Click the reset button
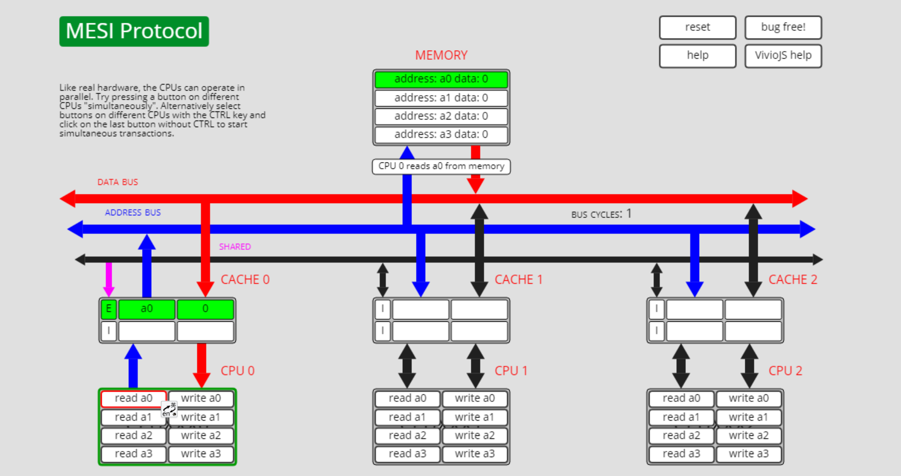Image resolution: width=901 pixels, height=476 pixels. (x=697, y=27)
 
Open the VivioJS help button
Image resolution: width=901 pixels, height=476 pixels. (x=783, y=56)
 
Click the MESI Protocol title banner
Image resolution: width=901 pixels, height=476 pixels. (x=134, y=31)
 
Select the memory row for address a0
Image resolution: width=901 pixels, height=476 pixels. (x=441, y=79)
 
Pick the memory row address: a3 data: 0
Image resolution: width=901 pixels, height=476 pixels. (x=441, y=134)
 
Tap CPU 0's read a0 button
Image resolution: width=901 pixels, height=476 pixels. (x=133, y=398)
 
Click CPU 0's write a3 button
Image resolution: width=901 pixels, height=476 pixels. (x=201, y=454)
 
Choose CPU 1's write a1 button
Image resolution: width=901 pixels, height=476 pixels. (x=474, y=417)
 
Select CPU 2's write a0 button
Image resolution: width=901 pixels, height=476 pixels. (x=748, y=398)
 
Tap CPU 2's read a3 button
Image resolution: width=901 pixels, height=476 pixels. (x=681, y=454)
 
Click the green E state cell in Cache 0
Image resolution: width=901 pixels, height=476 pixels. (x=109, y=309)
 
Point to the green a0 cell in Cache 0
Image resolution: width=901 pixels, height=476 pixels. (x=147, y=309)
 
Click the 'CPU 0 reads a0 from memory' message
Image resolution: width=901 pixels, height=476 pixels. (x=441, y=166)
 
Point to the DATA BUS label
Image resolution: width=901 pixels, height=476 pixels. (x=118, y=182)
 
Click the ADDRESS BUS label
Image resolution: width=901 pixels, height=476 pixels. (x=133, y=213)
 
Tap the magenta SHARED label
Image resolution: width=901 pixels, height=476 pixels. (x=235, y=247)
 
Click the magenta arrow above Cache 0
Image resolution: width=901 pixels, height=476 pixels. (x=109, y=279)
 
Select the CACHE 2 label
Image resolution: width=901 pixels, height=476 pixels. (x=792, y=280)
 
